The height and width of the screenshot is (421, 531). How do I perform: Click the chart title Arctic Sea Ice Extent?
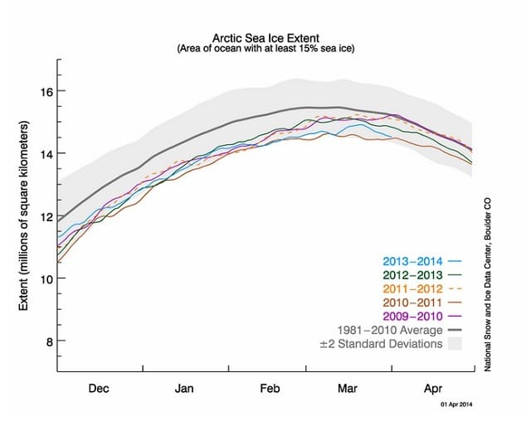[x=265, y=38]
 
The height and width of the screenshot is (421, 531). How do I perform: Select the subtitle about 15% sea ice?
[x=265, y=49]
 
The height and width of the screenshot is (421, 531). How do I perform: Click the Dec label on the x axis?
[x=98, y=387]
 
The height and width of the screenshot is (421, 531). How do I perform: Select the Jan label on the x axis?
[x=185, y=387]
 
